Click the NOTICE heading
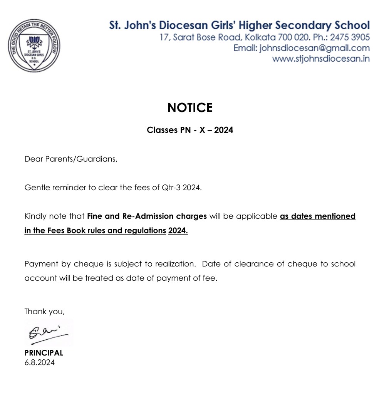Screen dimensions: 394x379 (x=190, y=108)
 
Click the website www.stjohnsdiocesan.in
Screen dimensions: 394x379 (x=321, y=59)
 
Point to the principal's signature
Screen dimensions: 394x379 (x=48, y=332)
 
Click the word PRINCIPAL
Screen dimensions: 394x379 (x=44, y=353)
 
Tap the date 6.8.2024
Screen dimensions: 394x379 (x=39, y=362)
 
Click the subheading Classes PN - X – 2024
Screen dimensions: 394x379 (x=190, y=130)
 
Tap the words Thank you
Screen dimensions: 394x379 (x=44, y=312)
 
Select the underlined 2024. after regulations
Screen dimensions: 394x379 (x=178, y=231)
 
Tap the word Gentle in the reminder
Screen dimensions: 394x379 (x=37, y=188)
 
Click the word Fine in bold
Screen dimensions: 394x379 (x=95, y=216)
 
